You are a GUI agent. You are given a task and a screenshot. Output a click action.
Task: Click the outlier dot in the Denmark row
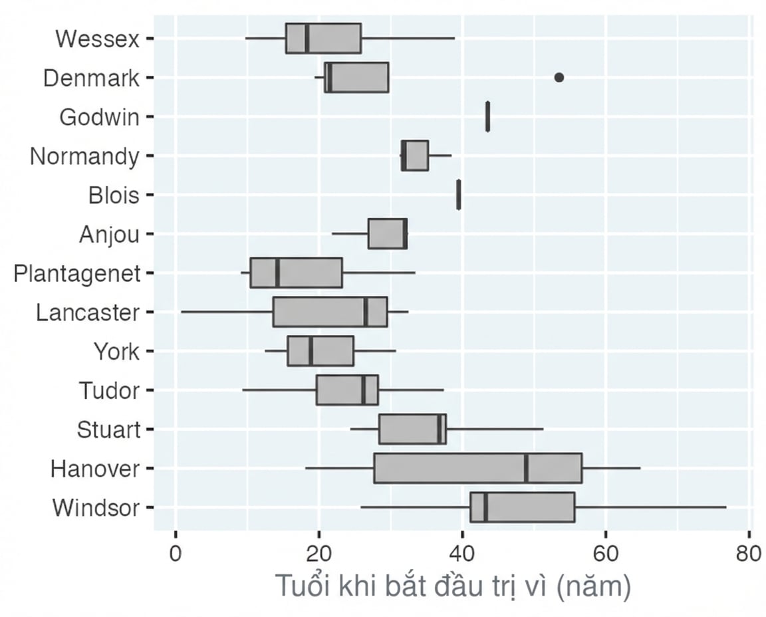(x=559, y=77)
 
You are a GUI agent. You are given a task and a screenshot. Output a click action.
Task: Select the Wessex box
(x=323, y=38)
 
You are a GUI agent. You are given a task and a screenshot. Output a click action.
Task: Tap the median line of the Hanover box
(x=526, y=468)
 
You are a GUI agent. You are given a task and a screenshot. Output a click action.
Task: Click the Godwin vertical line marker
(x=487, y=116)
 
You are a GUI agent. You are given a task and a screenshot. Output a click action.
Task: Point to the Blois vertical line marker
(x=458, y=194)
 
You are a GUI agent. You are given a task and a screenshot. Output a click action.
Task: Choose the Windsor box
(x=522, y=507)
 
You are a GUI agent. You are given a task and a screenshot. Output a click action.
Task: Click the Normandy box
(x=415, y=156)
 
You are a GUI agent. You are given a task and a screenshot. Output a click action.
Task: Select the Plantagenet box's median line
(x=277, y=273)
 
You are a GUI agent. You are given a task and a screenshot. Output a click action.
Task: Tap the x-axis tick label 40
(x=461, y=554)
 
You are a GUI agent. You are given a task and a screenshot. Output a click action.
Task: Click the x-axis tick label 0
(x=176, y=554)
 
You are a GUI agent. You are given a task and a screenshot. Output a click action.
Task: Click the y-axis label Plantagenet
(x=77, y=273)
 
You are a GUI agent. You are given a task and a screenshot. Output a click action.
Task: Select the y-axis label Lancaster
(x=88, y=312)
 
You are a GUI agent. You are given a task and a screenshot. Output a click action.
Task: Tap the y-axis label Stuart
(x=108, y=430)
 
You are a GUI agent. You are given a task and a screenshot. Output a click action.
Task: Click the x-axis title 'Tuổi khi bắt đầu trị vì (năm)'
(x=453, y=586)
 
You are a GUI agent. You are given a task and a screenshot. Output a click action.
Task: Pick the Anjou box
(x=388, y=233)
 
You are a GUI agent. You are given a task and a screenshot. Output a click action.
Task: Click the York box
(x=320, y=351)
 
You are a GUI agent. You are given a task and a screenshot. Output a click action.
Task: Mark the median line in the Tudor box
(x=364, y=390)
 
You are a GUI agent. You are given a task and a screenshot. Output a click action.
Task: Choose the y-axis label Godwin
(x=100, y=117)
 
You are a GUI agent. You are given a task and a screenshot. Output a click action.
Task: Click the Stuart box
(x=412, y=429)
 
